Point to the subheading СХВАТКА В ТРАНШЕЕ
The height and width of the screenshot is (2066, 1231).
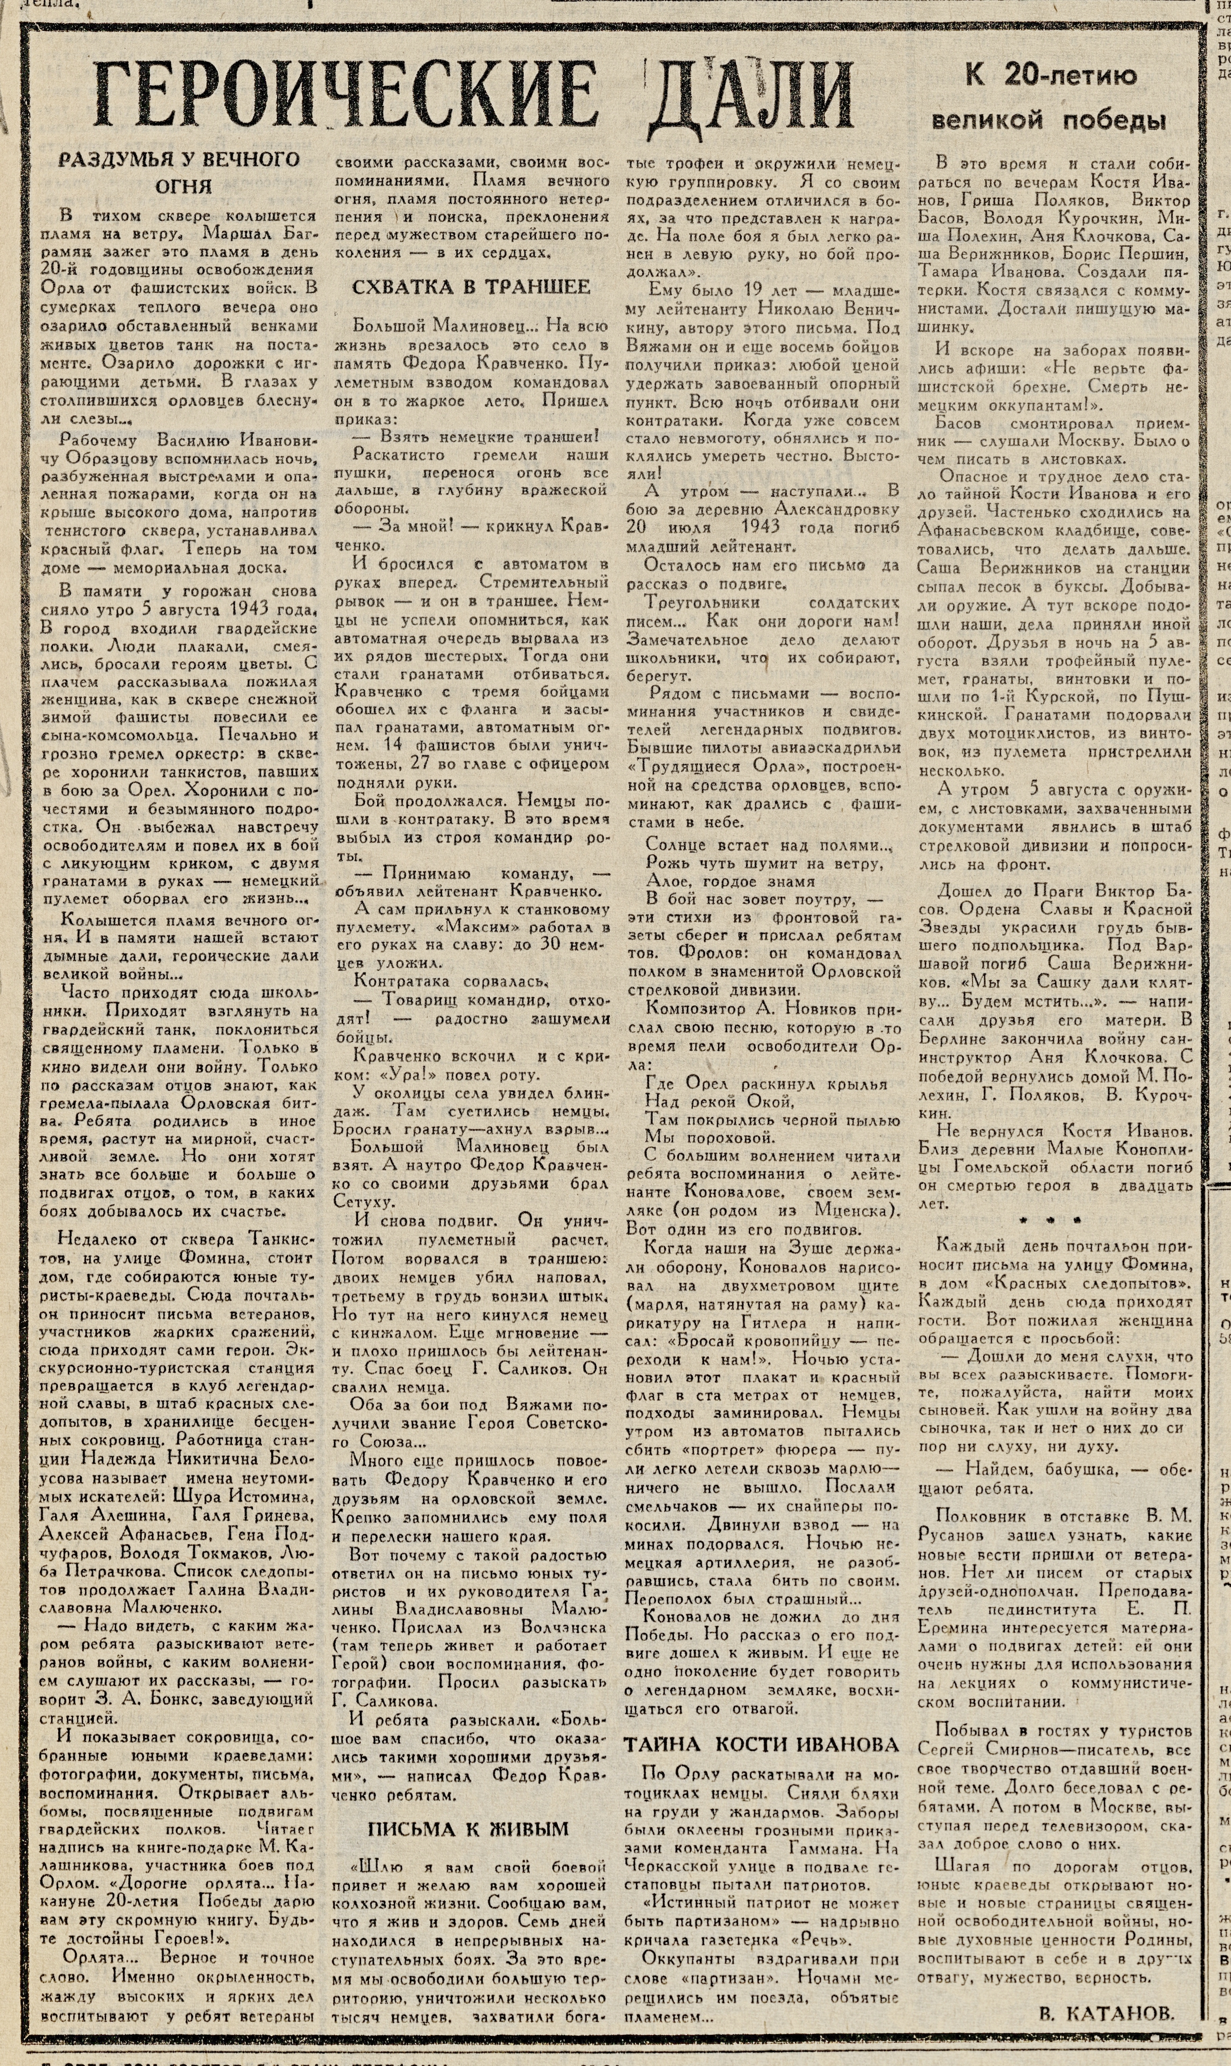pyautogui.click(x=471, y=287)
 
